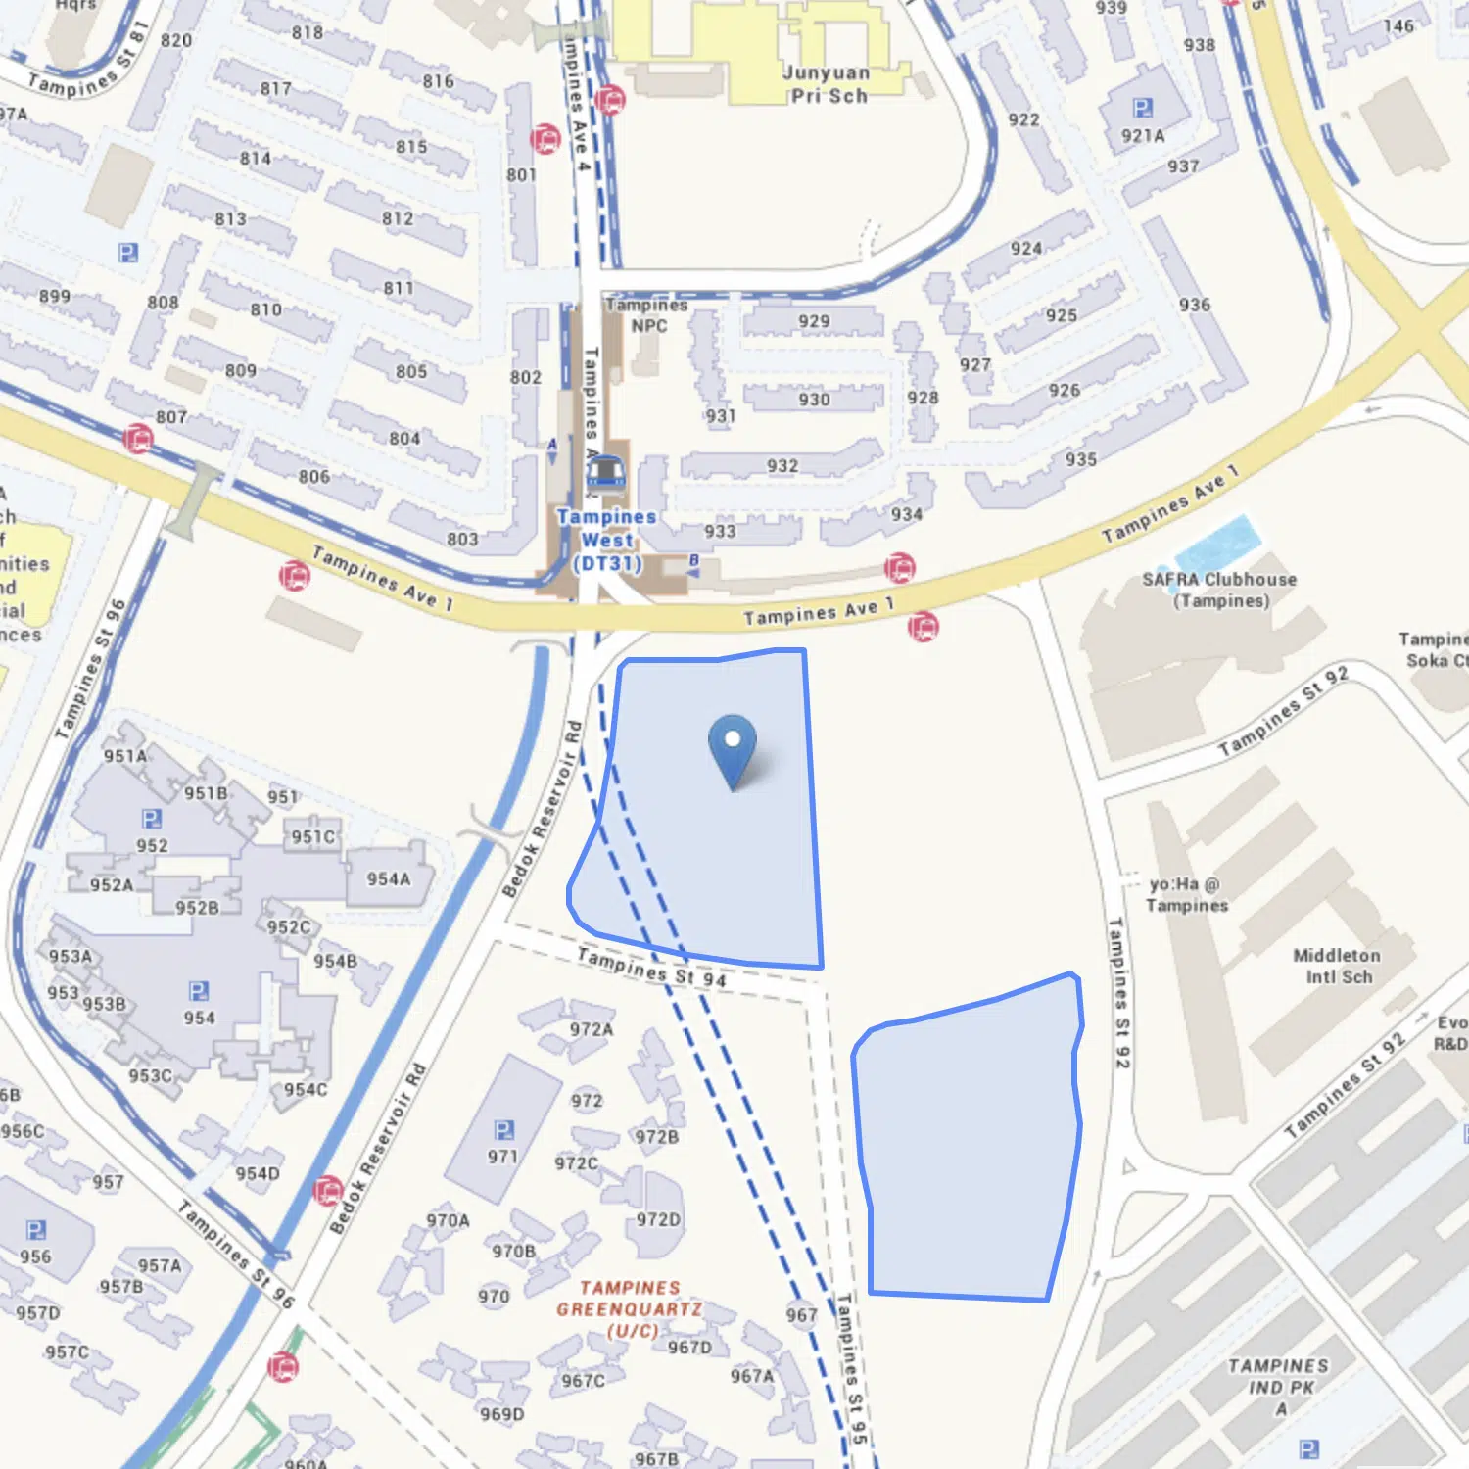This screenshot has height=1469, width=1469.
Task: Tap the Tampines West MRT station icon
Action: [x=605, y=473]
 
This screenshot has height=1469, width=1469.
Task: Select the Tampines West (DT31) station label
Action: [x=607, y=541]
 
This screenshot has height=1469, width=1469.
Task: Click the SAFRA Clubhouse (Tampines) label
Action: [x=1219, y=590]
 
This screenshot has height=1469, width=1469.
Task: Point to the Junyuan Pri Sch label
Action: [x=828, y=84]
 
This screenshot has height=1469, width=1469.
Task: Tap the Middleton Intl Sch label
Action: [x=1337, y=966]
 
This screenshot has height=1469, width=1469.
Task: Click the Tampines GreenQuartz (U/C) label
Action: [x=630, y=1308]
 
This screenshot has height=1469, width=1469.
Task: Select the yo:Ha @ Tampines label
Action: [x=1186, y=895]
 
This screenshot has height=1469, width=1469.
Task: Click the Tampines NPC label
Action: [x=647, y=315]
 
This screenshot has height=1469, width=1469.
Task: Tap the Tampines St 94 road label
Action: [x=652, y=967]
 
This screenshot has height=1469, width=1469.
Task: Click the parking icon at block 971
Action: [x=503, y=1131]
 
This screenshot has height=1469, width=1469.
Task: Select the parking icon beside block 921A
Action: [x=1142, y=108]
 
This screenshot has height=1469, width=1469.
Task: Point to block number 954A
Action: [x=389, y=879]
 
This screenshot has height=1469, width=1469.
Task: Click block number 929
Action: [x=814, y=321]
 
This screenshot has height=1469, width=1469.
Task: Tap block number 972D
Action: [x=658, y=1219]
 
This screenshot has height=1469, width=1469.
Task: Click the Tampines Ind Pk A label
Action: [x=1279, y=1387]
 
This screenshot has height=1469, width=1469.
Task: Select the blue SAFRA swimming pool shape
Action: [x=1216, y=543]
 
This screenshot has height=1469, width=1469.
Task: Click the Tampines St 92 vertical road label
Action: [x=1119, y=992]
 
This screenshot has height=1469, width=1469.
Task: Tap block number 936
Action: [x=1195, y=305]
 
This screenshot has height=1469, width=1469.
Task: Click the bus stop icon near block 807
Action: [x=138, y=438]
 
